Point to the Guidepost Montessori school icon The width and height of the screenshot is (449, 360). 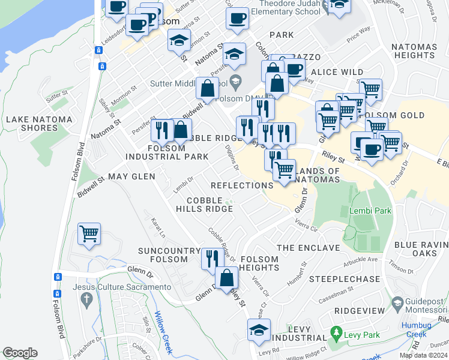coord(397,305)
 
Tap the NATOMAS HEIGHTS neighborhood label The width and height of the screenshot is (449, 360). coord(420,51)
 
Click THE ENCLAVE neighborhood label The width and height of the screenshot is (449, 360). coord(308,248)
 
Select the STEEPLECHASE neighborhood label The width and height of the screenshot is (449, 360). coord(345,280)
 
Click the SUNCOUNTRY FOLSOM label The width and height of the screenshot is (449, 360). coord(169,255)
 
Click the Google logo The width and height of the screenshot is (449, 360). coord(20,353)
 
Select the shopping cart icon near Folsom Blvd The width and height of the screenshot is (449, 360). coord(89,233)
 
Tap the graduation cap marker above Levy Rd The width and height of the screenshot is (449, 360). coord(259,330)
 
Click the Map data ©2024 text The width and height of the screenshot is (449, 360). coord(423,355)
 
